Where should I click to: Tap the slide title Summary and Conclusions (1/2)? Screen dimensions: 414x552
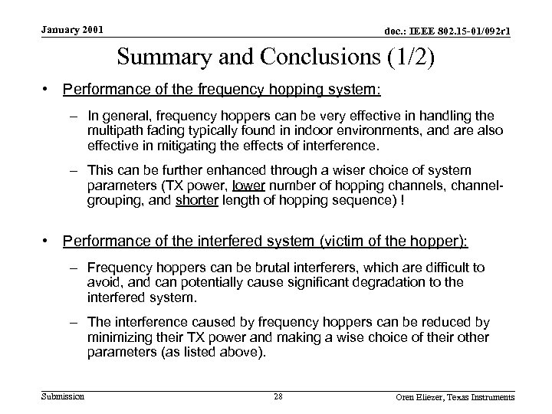coord(275,58)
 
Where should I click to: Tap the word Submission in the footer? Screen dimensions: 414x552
coord(63,396)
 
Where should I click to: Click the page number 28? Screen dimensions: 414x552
coord(278,396)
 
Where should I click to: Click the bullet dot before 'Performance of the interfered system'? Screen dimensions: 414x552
coord(49,241)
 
